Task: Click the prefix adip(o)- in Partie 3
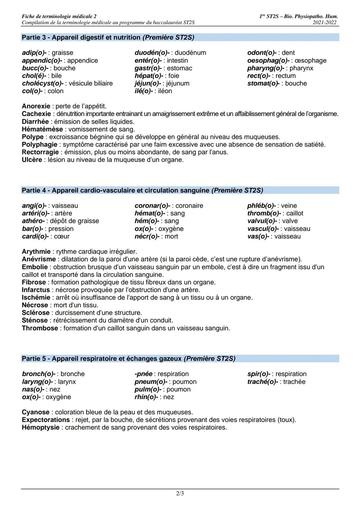[x=34, y=53]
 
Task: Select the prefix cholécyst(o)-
[x=43, y=83]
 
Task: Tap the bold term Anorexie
[x=36, y=106]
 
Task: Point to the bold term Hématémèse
[x=42, y=129]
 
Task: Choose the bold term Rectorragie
[x=40, y=152]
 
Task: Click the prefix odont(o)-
[x=262, y=53]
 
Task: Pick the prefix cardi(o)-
[x=35, y=237]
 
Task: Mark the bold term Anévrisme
[x=39, y=259]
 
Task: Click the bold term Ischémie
[x=36, y=297]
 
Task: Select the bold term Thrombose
[x=40, y=328]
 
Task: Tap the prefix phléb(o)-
[x=261, y=206]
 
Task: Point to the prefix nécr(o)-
[x=147, y=237]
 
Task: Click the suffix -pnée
[x=143, y=374]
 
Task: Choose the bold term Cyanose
[x=36, y=412]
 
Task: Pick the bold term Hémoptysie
[x=41, y=428]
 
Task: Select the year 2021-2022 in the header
[x=325, y=23]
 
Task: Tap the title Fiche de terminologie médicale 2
[x=59, y=16]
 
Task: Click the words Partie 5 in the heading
[x=34, y=359]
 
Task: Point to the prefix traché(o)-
[x=262, y=382]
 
